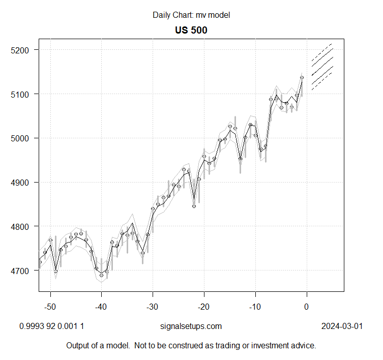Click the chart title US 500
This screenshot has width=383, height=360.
[191, 30]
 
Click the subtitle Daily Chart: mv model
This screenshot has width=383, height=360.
[191, 15]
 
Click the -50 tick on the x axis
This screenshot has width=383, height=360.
[50, 307]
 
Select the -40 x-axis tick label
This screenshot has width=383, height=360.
[101, 307]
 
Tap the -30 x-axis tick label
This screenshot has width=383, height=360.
[153, 307]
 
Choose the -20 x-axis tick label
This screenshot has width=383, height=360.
[204, 307]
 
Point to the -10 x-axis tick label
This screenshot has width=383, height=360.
[255, 307]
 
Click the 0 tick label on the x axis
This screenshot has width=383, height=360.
[306, 307]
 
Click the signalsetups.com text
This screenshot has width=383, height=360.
[191, 326]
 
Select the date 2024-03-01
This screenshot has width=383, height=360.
[342, 326]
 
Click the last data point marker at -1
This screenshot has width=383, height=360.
[302, 78]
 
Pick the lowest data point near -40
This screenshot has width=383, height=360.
[101, 275]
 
